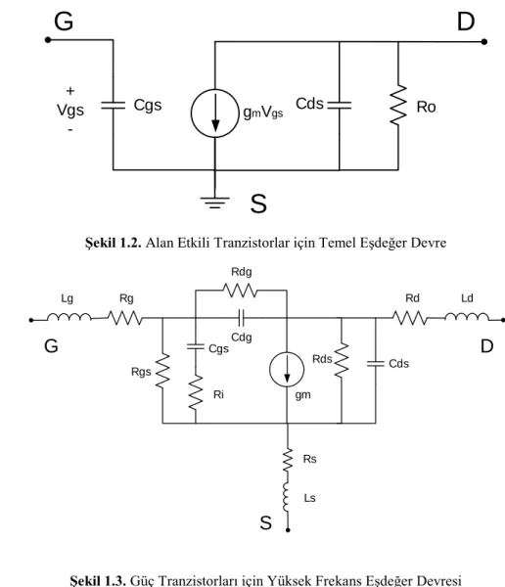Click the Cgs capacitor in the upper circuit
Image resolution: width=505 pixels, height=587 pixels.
point(114,106)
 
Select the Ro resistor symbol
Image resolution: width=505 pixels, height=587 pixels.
point(398,105)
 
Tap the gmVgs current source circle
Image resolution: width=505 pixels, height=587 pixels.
point(214,113)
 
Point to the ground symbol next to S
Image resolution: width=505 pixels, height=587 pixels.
point(214,203)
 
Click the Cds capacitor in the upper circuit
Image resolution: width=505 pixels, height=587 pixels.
point(340,105)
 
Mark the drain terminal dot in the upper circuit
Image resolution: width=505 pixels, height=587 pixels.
point(484,41)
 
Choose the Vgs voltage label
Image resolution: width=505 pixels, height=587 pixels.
point(70,110)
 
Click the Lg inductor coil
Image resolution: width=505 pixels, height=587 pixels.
point(69,317)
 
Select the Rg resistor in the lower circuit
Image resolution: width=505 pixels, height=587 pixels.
point(125,318)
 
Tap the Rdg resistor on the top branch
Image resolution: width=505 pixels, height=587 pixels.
point(240,291)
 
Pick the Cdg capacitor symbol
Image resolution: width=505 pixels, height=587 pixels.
point(242,318)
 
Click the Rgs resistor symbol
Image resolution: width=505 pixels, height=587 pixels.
point(162,371)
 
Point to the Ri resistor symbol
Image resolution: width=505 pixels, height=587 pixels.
point(196,393)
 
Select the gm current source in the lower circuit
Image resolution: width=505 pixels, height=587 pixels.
point(287,370)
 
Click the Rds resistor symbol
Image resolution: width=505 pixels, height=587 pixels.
point(342,360)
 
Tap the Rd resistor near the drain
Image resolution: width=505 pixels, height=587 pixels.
point(410,318)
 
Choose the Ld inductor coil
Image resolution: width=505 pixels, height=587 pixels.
point(467,317)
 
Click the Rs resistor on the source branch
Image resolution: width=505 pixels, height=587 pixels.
point(288,460)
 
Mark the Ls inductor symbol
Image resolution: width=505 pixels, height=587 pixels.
point(287,497)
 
